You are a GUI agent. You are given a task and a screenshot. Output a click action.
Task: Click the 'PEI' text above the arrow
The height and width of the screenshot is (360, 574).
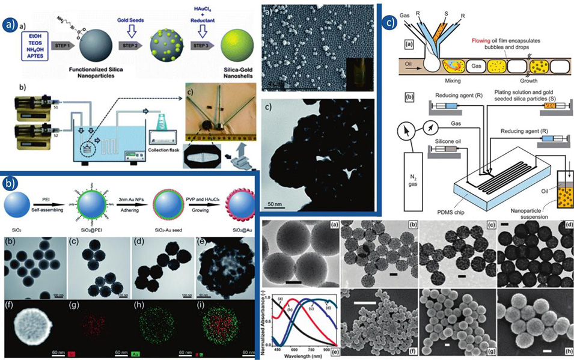[45, 199]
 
